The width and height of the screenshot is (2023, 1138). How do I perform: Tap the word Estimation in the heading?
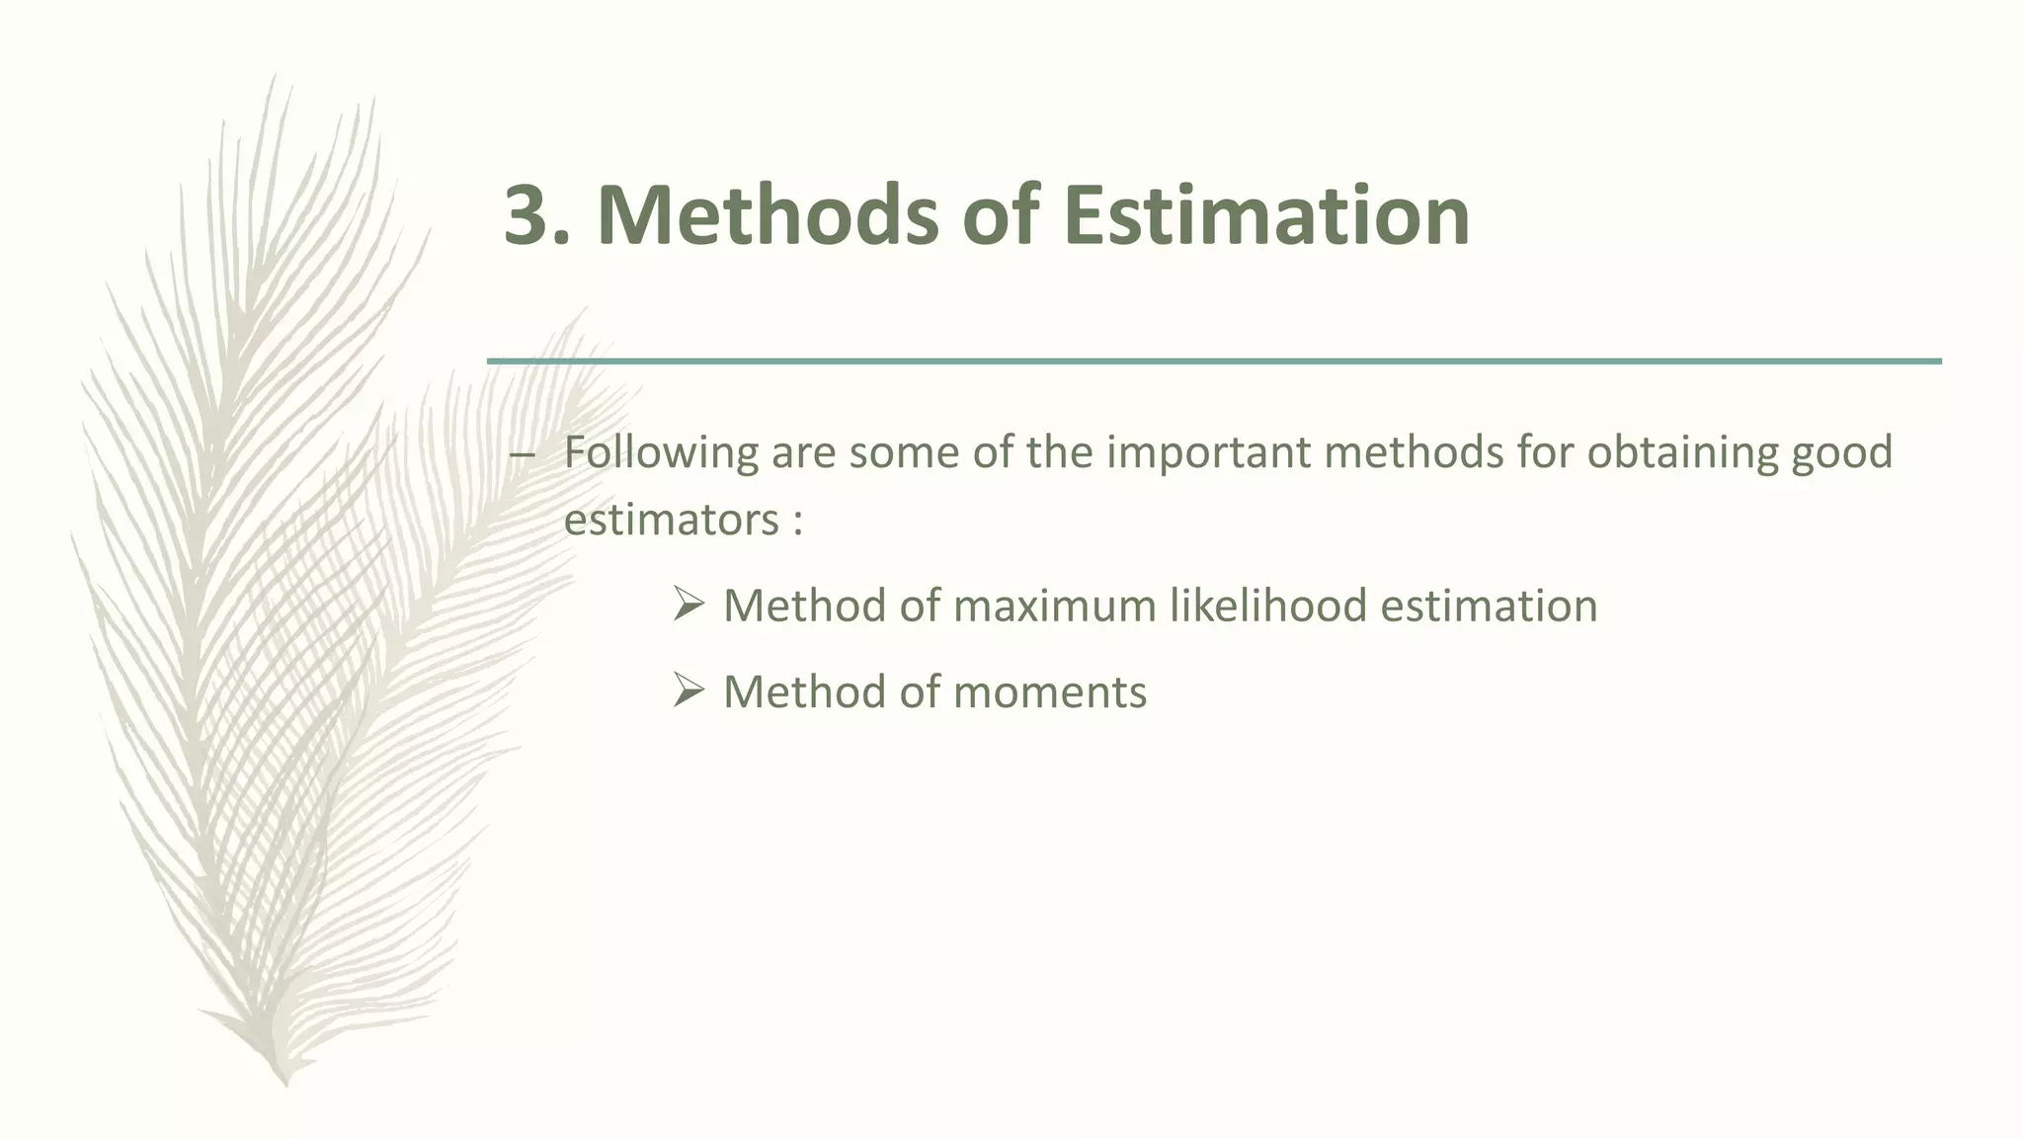(x=1266, y=215)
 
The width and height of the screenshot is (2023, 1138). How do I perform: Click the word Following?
(x=661, y=453)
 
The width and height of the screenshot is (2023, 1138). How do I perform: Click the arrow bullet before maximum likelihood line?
(x=688, y=604)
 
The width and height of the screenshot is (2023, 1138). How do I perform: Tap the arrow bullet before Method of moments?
(x=688, y=690)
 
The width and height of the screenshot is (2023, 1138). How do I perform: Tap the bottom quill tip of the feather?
(x=285, y=1081)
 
